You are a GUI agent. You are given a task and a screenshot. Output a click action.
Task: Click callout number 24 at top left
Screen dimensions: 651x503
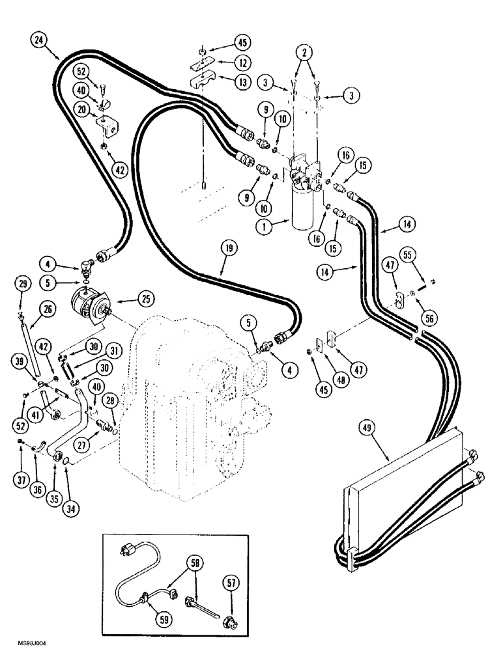[x=41, y=40]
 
